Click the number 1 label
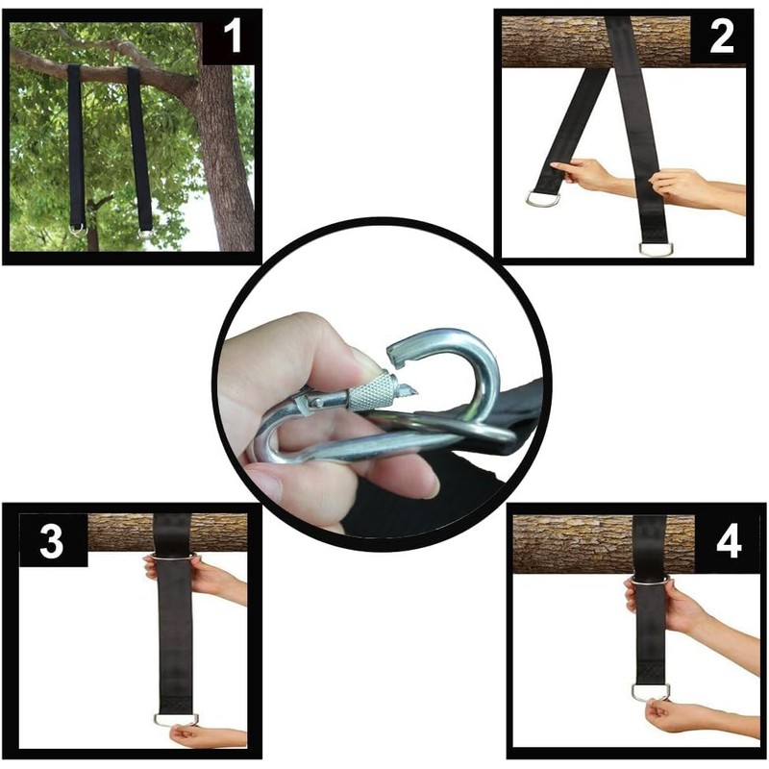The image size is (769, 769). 232,39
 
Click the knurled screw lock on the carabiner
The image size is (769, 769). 372,392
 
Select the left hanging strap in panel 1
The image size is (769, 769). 75,144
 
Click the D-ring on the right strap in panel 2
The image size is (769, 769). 656,248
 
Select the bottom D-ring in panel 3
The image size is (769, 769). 176,718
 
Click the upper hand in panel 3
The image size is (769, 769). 197,577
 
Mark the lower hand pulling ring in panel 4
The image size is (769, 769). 673,716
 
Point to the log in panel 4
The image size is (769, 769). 567,543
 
